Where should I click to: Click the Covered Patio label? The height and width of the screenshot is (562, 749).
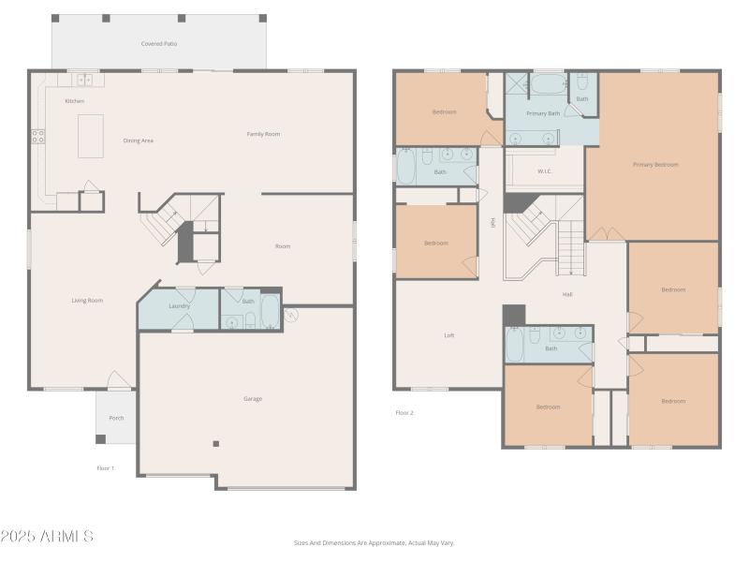point(159,44)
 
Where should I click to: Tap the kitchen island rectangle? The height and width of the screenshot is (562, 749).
point(91,136)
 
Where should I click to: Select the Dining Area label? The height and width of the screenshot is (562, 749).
point(139,140)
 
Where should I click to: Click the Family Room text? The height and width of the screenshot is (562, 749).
point(263,134)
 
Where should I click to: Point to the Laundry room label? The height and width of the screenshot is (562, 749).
point(180,305)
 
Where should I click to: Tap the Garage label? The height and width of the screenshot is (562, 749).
point(253,399)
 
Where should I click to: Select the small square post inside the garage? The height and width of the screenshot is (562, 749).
point(216,443)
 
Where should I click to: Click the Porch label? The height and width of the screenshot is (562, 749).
point(116,418)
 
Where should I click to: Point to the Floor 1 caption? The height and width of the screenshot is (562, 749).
point(106,467)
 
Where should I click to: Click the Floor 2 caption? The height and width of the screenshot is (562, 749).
point(404,412)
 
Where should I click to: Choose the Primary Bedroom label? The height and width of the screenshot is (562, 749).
point(655,164)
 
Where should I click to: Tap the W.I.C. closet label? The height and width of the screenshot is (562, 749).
point(544,171)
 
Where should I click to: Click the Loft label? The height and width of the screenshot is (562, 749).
point(449,335)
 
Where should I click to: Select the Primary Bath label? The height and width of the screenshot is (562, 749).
point(543,113)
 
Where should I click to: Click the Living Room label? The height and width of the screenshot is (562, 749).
point(87,301)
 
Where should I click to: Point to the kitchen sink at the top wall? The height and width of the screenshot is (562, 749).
point(84,80)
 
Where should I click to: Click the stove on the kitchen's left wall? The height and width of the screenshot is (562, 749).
point(38,136)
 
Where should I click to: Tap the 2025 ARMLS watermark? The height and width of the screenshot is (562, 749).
point(47,537)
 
